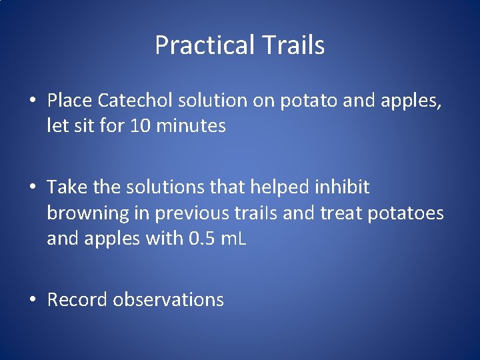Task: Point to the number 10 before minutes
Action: [x=143, y=125]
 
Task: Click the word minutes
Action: [x=192, y=125]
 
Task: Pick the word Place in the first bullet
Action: [x=70, y=101]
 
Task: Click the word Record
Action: [x=77, y=300]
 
